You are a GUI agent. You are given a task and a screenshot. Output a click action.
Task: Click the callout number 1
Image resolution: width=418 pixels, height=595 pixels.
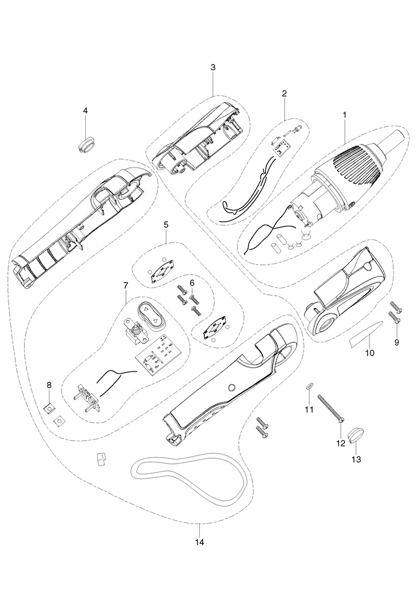coord(345,114)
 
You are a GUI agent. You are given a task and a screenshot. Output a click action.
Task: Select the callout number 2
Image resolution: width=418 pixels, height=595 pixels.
coord(284,93)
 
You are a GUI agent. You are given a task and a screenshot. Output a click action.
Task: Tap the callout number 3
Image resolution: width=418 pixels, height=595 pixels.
coord(213,67)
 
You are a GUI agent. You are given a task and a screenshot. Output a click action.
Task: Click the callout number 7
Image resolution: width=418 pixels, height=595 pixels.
coord(125,285)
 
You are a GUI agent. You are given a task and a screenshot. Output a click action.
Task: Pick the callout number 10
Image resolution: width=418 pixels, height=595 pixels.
coord(369,353)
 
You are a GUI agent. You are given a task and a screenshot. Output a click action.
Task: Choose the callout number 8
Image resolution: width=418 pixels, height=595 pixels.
coord(49,385)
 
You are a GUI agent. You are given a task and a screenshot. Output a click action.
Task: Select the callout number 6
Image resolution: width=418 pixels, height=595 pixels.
coord(192,282)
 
